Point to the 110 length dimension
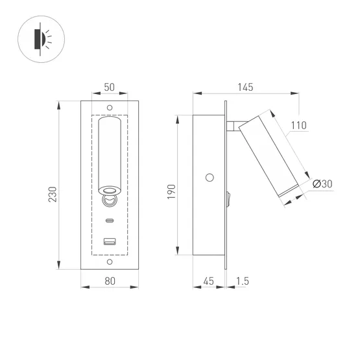tap(298, 125)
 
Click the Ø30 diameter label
tap(322, 184)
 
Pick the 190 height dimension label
tap(171, 191)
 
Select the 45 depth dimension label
tap(209, 281)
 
